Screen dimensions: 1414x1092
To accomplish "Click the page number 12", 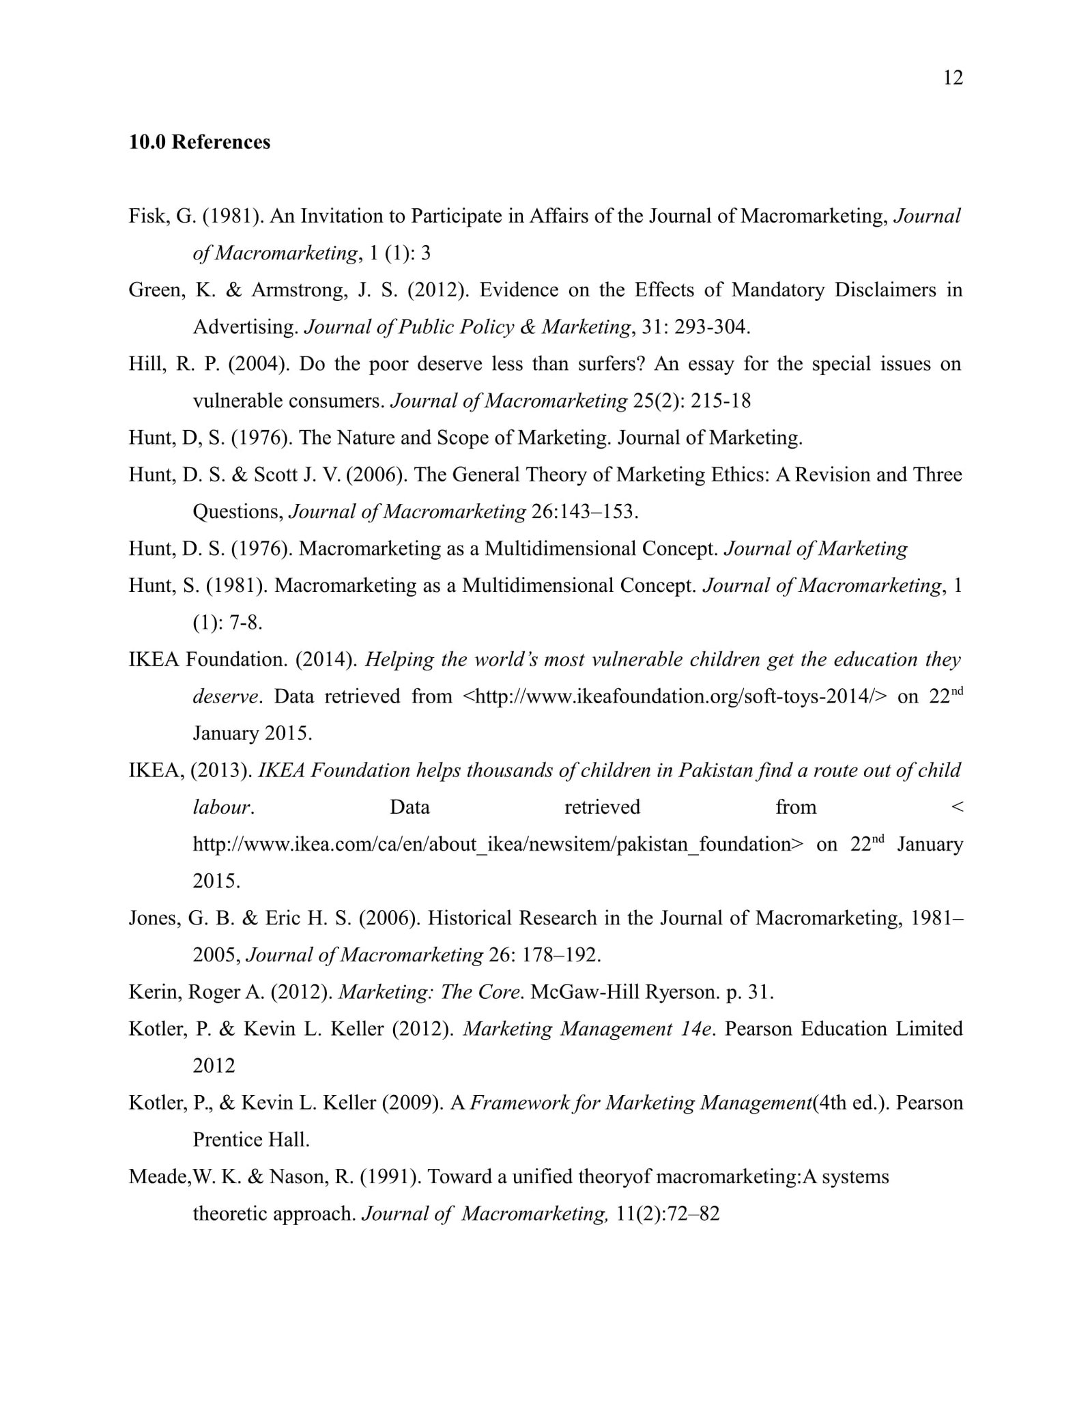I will point(953,79).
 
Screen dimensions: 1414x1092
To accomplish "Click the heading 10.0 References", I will point(199,142).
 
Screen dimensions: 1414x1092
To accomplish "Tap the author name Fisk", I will point(147,216).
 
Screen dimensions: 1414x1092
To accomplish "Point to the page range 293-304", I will point(712,327).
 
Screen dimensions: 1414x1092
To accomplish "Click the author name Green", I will point(156,290).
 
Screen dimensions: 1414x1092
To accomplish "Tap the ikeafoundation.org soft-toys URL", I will point(675,696).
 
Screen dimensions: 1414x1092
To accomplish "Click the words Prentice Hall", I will point(250,1140).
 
